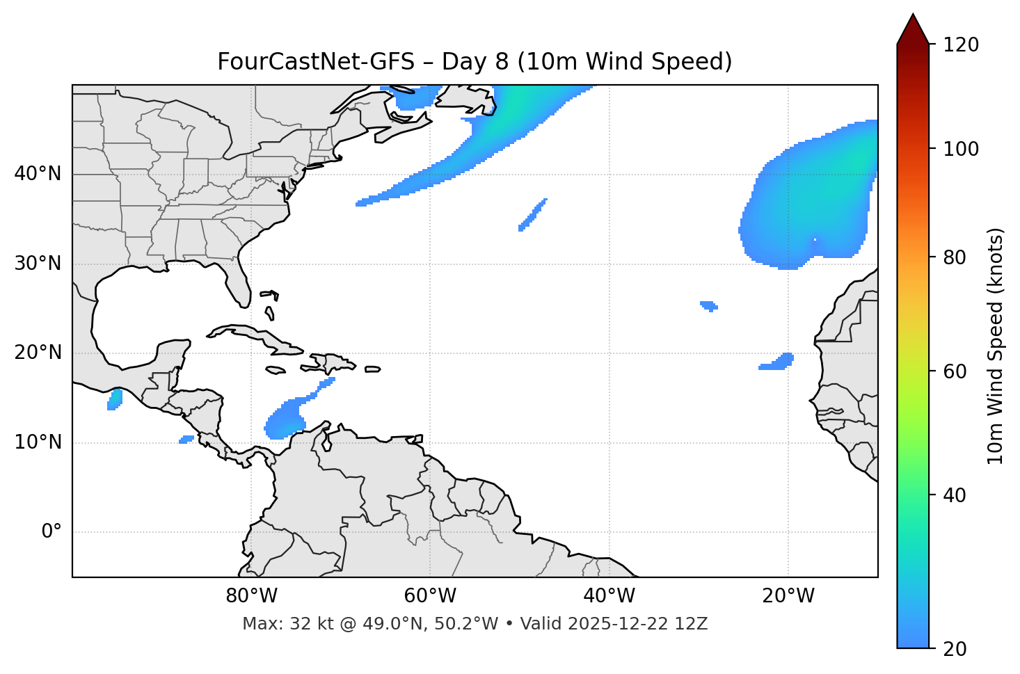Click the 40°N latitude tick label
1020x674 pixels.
click(38, 174)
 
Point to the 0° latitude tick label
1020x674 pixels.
click(51, 532)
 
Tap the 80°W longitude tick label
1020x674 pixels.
click(251, 596)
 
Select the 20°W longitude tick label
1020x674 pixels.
click(788, 596)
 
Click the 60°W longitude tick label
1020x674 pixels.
click(430, 596)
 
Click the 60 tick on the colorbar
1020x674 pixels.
click(958, 371)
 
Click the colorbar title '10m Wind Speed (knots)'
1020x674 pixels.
click(996, 346)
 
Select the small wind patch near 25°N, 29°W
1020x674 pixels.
click(709, 305)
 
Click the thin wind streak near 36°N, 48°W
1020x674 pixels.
click(533, 214)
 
